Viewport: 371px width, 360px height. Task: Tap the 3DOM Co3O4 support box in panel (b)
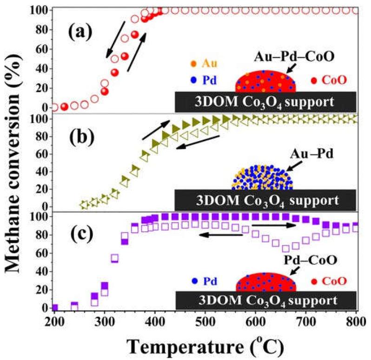coord(265,201)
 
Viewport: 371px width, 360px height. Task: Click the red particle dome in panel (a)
coord(265,81)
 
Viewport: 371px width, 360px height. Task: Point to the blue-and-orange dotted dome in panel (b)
coord(262,178)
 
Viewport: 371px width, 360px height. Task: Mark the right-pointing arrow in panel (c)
coord(274,225)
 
